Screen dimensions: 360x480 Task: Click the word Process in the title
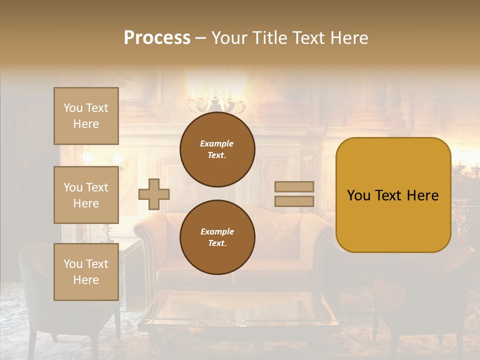[x=157, y=37]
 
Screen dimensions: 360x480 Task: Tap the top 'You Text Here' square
[x=86, y=116]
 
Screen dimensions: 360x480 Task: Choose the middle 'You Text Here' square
[x=86, y=195]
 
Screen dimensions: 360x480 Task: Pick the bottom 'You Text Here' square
[x=86, y=272]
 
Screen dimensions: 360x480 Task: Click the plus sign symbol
[x=154, y=193]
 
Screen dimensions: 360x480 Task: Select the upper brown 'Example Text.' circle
[x=217, y=149]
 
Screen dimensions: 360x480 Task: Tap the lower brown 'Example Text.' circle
[x=217, y=237]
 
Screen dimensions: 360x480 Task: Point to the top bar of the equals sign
[x=294, y=187]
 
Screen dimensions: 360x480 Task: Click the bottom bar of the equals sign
[x=294, y=201]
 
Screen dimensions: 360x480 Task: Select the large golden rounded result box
[x=393, y=195]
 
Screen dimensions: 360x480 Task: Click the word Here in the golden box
[x=423, y=195]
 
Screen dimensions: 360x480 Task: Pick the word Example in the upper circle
[x=216, y=143]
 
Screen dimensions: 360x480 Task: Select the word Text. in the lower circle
[x=216, y=243]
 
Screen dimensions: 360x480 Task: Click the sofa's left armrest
[x=147, y=240]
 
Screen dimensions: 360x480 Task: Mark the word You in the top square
[x=73, y=108]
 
